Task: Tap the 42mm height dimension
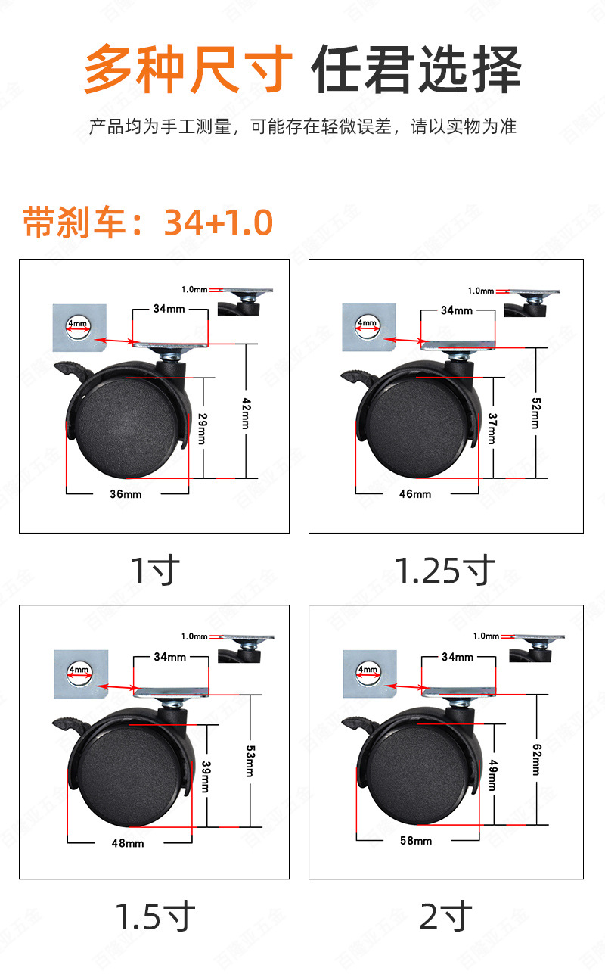pyautogui.click(x=245, y=412)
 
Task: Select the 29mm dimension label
pyautogui.click(x=201, y=428)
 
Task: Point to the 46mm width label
pyautogui.click(x=415, y=494)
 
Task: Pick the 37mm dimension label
pyautogui.click(x=492, y=429)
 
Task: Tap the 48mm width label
pyautogui.click(x=128, y=842)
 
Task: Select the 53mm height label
pyautogui.click(x=249, y=760)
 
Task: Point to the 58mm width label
pyautogui.click(x=416, y=840)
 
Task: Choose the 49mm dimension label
pyautogui.click(x=493, y=774)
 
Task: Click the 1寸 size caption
pyautogui.click(x=154, y=570)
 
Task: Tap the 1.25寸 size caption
pyautogui.click(x=445, y=570)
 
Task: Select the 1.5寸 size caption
pyautogui.click(x=154, y=916)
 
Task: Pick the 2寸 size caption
pyautogui.click(x=445, y=916)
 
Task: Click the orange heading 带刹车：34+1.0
pyautogui.click(x=147, y=222)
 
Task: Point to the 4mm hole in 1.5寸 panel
pyautogui.click(x=78, y=670)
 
